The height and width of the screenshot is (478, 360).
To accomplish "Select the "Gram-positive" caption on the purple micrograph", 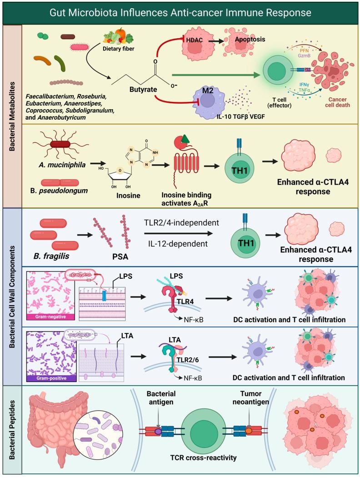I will pyautogui.click(x=45, y=377).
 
